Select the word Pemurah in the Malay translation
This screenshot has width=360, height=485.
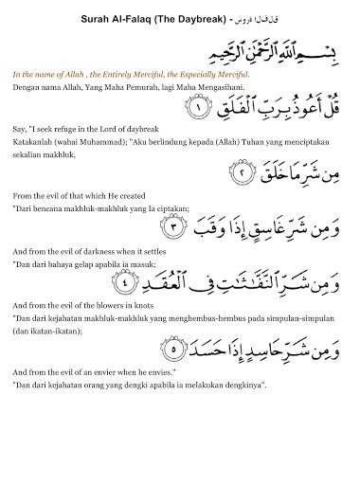(x=140, y=86)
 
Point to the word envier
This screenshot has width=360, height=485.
(x=106, y=372)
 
